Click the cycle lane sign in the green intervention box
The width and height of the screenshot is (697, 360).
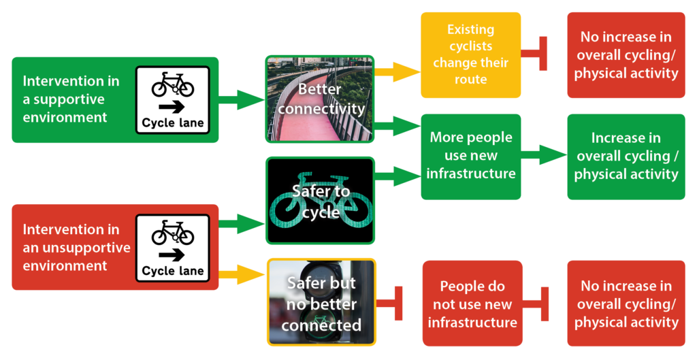coord(172,99)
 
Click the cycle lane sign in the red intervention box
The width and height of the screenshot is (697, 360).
coord(172,247)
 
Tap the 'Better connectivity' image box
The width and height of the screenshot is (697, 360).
coord(319,99)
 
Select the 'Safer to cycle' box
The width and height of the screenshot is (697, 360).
coord(319,201)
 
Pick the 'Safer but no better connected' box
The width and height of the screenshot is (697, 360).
coord(321,301)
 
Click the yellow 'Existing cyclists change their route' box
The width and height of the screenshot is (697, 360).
coord(470,55)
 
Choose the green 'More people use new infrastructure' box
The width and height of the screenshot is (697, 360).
coord(470,156)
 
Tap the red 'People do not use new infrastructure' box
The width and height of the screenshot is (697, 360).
coord(472,304)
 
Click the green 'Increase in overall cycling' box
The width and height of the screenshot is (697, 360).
coord(626,156)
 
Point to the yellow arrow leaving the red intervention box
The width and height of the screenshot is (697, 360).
coord(242,275)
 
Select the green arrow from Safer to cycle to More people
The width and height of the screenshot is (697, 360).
coord(398,178)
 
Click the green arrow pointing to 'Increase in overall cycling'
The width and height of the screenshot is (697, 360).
coord(544,155)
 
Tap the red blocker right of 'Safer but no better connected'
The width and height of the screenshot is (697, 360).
coord(391,304)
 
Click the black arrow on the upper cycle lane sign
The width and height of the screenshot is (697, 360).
coord(172,106)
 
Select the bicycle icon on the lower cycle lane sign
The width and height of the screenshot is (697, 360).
coord(172,233)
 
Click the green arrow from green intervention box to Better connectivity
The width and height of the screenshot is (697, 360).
coord(242,99)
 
